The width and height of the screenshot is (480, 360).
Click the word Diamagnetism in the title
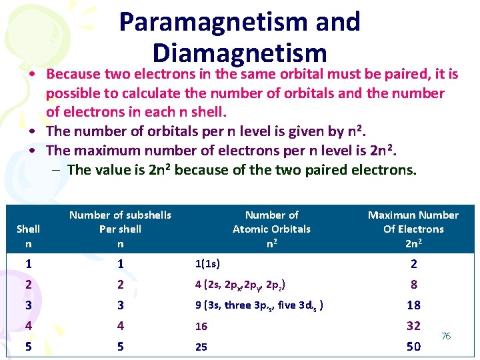[239, 53]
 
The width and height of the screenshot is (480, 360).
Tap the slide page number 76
[446, 336]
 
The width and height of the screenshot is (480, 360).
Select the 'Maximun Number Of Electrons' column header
[413, 229]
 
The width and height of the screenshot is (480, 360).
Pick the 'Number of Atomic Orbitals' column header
[271, 229]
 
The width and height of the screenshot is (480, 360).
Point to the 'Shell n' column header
[28, 236]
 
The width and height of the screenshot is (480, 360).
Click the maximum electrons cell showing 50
[413, 347]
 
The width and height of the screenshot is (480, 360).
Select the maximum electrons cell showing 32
[413, 326]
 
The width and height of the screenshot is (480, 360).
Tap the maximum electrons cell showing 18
[413, 305]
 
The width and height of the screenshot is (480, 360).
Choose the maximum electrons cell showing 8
[413, 285]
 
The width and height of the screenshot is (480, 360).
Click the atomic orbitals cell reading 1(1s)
[208, 264]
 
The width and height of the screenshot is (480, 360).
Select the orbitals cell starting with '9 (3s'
[259, 305]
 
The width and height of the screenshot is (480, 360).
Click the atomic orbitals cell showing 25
[201, 347]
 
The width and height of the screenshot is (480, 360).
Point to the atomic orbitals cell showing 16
[201, 326]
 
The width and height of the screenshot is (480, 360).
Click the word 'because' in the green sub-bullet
[201, 169]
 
